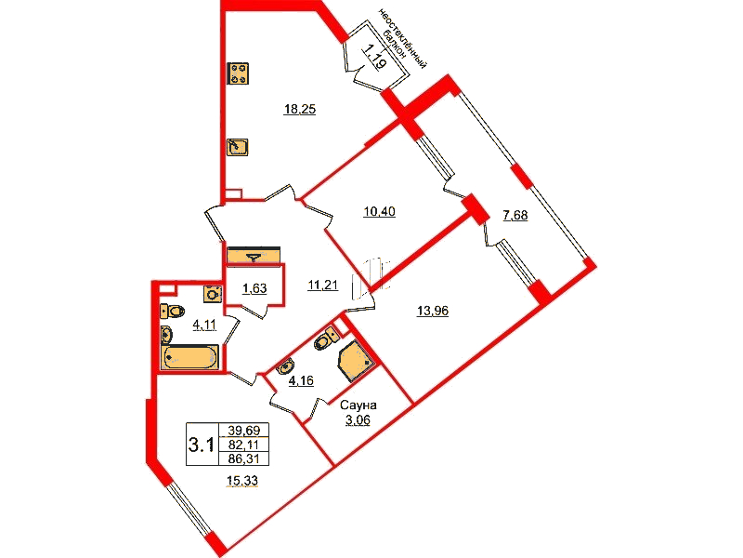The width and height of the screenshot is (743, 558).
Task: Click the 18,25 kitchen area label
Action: point(299,110)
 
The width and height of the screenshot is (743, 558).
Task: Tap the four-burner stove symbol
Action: point(238,73)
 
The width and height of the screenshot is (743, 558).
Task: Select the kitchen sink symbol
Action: point(238,147)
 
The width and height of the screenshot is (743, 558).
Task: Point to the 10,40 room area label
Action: point(379,212)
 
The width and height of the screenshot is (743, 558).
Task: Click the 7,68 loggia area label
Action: point(515,216)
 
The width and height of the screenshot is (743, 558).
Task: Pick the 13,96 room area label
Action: point(433,312)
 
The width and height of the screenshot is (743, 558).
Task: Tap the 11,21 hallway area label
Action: point(322,286)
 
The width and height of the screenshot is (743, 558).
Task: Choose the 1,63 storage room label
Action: point(254,288)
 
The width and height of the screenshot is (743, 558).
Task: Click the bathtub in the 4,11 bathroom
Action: point(189,357)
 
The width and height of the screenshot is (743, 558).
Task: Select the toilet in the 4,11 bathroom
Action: point(172,312)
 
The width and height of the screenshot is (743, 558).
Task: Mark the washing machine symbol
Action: point(213,294)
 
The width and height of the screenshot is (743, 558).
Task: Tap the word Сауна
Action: point(358,405)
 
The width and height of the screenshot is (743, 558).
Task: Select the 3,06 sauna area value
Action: point(358,420)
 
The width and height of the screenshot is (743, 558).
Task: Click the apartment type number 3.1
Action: point(202,445)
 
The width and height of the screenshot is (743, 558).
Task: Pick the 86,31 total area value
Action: point(244,458)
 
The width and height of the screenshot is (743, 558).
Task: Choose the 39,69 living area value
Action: point(244,431)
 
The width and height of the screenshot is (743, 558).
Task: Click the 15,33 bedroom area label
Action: point(242,481)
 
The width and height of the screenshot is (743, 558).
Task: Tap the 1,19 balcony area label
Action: point(374,56)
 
